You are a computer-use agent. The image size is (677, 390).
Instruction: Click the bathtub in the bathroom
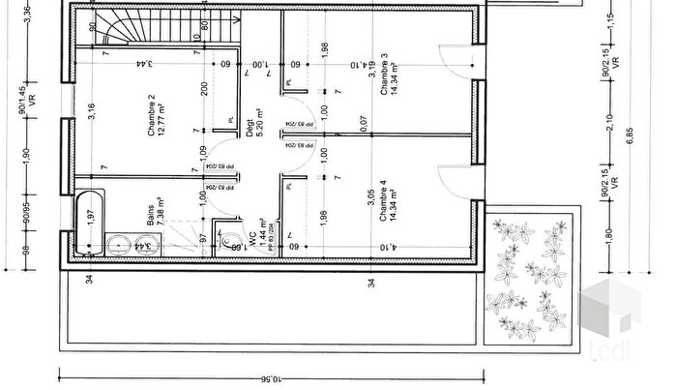tap(90, 223)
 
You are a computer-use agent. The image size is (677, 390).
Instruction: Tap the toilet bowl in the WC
tap(229, 240)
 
